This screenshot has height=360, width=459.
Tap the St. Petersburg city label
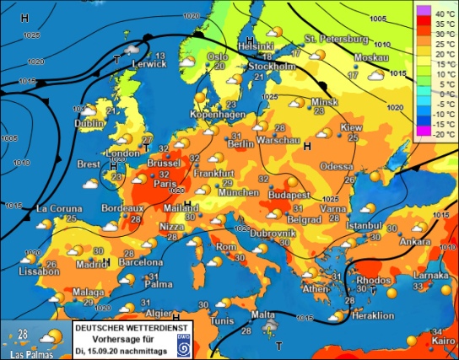[337, 39]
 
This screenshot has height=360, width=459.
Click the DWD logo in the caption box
[182, 343]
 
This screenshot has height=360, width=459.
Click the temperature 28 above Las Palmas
[24, 335]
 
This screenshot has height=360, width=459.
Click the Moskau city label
[348, 57]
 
